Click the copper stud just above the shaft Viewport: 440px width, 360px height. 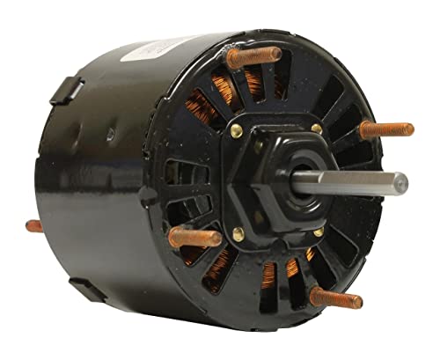tap(385, 129)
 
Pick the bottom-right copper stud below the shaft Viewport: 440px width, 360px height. tap(335, 297)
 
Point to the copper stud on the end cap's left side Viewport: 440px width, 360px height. tap(195, 236)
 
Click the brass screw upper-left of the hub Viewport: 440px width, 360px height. tap(236, 131)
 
